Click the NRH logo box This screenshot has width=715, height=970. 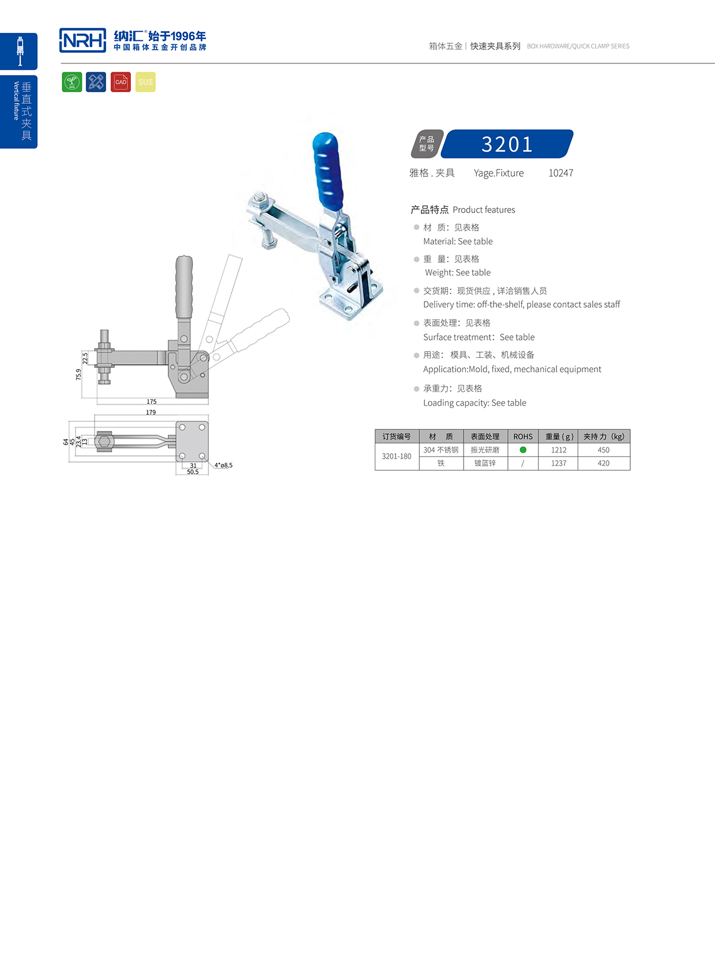[82, 40]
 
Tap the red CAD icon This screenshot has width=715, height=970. [121, 82]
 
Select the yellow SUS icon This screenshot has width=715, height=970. [145, 82]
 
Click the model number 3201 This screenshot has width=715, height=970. [507, 144]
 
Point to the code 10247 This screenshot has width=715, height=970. [560, 173]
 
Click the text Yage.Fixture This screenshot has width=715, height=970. [499, 173]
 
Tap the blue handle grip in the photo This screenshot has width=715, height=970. [327, 170]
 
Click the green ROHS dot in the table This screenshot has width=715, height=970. [523, 450]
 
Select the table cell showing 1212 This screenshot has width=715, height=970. [558, 450]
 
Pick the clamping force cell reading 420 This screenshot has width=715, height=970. [603, 463]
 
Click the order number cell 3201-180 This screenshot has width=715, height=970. [397, 456]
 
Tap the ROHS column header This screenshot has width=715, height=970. [523, 436]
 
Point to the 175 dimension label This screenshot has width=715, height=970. [152, 402]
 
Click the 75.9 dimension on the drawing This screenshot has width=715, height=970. [78, 375]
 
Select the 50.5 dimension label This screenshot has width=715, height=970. [193, 472]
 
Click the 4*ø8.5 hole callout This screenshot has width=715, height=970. [223, 465]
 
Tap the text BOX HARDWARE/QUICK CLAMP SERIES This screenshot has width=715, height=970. [578, 46]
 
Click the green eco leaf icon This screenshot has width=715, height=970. [72, 82]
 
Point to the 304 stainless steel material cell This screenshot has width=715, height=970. [441, 450]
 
